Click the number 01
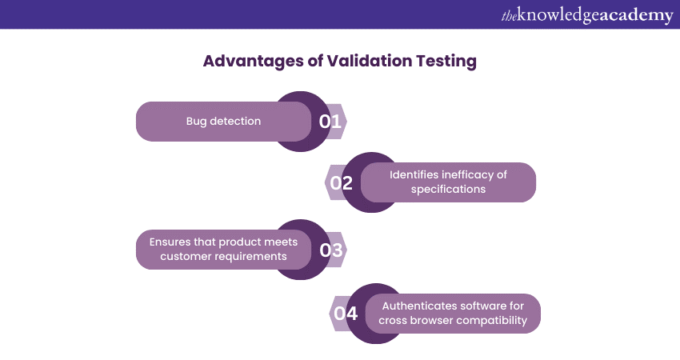pos(330,122)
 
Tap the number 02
pos(342,182)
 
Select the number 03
pos(331,250)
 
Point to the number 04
pos(346,313)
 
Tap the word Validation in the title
pos(369,61)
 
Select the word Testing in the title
pos(446,61)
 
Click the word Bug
pos(196,122)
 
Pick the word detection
pos(235,121)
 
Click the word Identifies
pos(414,174)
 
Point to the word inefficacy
pos(468,175)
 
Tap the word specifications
pos(449,190)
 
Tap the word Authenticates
pos(414,306)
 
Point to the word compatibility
pos(492,321)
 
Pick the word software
pos(478,306)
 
